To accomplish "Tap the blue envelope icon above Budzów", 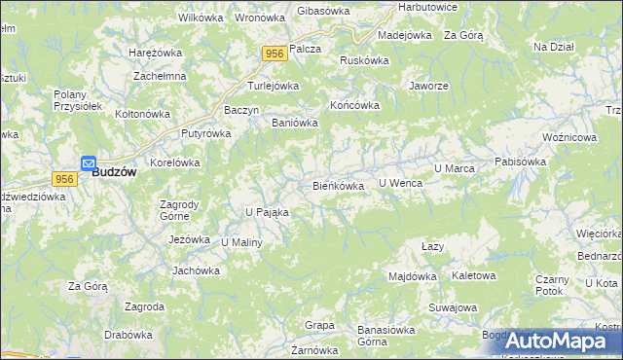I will tap(88, 163).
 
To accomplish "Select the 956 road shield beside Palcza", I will tap(273, 55).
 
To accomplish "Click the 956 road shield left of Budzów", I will tap(65, 179).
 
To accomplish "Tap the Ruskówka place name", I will tap(364, 60).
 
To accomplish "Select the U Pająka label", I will tap(267, 211).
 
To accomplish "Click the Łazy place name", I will tap(433, 247).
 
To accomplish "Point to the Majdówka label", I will tap(413, 276).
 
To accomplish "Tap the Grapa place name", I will tap(319, 325).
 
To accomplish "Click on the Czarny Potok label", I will tap(551, 285).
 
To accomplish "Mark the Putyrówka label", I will tap(203, 134).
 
